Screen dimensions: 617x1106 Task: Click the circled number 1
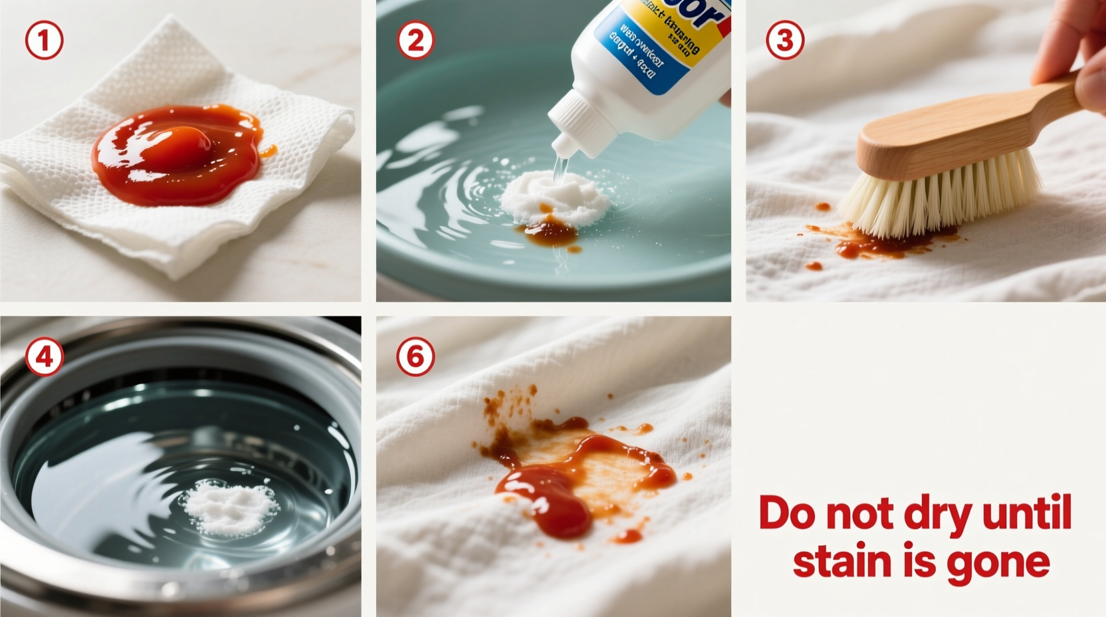point(45,40)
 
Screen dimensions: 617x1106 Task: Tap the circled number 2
point(415,40)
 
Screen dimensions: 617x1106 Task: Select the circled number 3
point(785,40)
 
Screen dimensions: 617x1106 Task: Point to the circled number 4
point(45,357)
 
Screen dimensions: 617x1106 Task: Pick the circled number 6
point(415,357)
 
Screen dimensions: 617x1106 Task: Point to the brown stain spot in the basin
point(550,233)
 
